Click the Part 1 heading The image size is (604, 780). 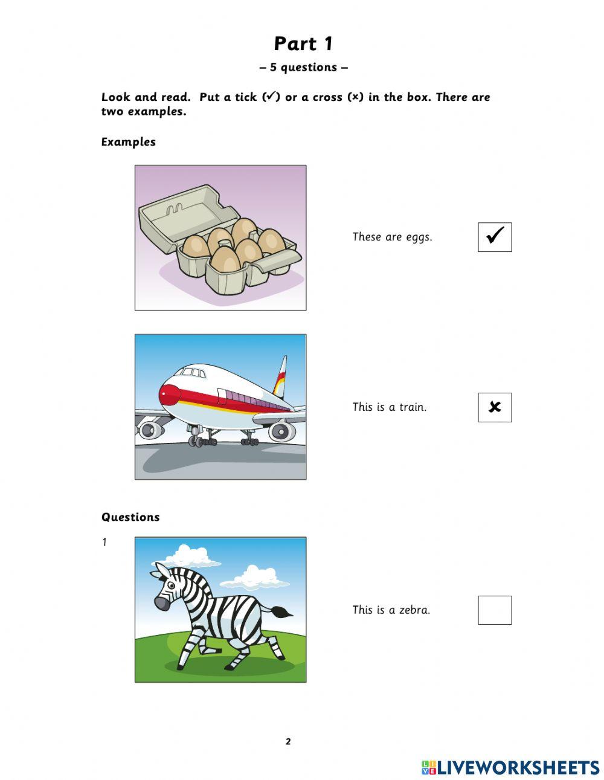point(303,44)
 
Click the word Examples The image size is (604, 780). point(129,142)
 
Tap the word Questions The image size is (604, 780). point(130,517)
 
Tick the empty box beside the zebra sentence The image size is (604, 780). point(495,610)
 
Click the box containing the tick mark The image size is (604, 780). point(495,237)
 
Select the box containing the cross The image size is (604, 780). point(495,407)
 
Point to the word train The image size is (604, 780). point(413,407)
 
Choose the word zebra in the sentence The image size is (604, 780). point(415,610)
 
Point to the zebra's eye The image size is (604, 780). point(172,585)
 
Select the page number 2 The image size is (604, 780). point(288,742)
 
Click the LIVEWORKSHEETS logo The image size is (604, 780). point(510,767)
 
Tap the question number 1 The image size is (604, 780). point(104,543)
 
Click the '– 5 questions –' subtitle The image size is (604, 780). point(303,68)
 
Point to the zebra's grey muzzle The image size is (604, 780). point(161,602)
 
